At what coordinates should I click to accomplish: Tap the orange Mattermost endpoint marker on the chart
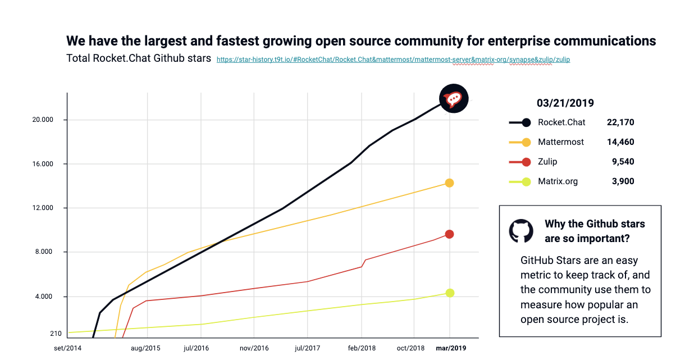(x=449, y=183)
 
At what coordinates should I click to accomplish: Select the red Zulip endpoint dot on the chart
(x=449, y=234)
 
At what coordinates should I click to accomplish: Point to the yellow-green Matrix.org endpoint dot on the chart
(x=449, y=293)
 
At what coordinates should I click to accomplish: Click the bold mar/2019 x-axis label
(x=451, y=348)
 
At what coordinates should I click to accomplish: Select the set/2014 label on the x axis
(x=68, y=348)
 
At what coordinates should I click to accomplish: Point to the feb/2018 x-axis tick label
(x=362, y=348)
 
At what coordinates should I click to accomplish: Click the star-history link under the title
(x=393, y=59)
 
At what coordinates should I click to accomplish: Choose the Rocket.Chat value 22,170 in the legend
(x=620, y=122)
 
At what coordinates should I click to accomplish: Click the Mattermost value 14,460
(x=620, y=142)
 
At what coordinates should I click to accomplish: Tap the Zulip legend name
(x=547, y=162)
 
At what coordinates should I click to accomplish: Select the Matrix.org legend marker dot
(x=526, y=181)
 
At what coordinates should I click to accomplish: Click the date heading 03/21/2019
(x=565, y=103)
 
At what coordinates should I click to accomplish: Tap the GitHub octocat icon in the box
(x=520, y=231)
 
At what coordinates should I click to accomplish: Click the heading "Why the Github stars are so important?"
(x=595, y=231)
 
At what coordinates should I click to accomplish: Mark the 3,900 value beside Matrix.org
(x=623, y=181)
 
